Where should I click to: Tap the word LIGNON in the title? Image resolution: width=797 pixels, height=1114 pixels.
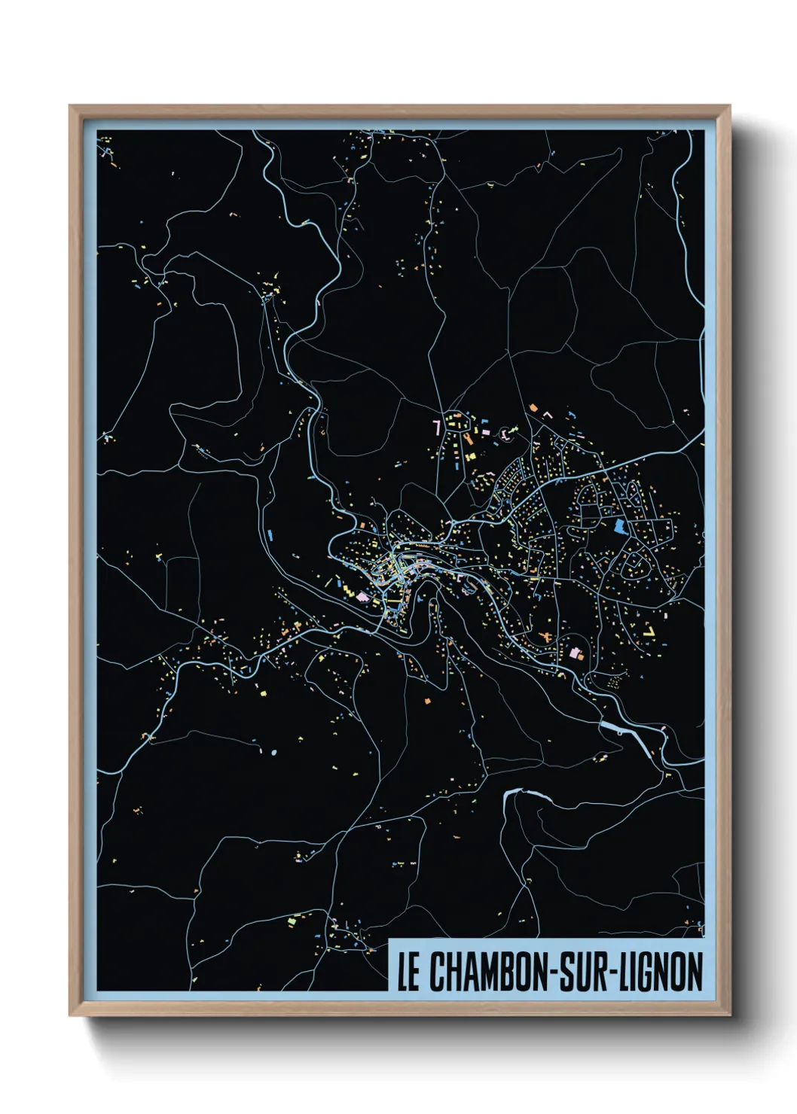(662, 972)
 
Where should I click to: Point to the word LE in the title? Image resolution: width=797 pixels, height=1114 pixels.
(408, 972)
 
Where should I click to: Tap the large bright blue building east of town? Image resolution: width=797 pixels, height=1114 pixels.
(621, 526)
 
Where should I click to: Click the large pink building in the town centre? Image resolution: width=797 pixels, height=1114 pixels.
(363, 597)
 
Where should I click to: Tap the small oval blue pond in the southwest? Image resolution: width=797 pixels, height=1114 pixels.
(273, 751)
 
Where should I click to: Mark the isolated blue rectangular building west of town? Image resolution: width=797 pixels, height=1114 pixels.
(270, 534)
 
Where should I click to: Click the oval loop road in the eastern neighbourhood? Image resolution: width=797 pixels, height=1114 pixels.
(633, 560)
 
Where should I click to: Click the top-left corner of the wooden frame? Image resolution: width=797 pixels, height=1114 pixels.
(70, 107)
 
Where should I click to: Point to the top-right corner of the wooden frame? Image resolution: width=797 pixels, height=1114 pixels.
(730, 107)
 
